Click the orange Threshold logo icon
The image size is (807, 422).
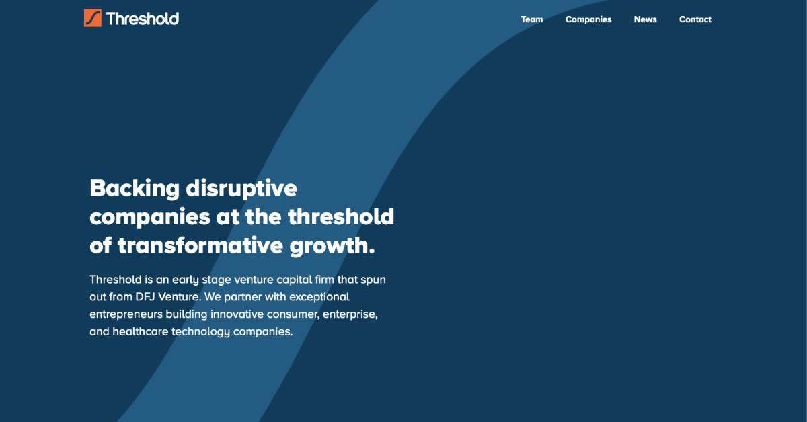[x=93, y=18]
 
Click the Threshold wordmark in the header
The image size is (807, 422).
[x=142, y=18]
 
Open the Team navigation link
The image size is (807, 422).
[x=532, y=19]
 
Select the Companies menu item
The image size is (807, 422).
[x=588, y=19]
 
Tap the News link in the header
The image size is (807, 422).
[x=645, y=19]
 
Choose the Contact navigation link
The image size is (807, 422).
[x=695, y=19]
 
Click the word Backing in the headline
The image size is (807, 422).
[x=134, y=188]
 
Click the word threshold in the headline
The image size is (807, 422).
[x=341, y=217]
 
